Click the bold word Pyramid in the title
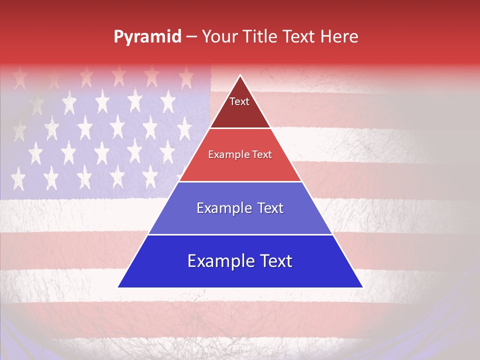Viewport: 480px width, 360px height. coord(147,37)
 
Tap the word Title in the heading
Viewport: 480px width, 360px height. coord(261,36)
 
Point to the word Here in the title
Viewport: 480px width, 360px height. coord(339,36)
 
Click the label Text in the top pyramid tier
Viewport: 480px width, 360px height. coord(239,101)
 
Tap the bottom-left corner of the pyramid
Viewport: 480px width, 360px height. coord(118,287)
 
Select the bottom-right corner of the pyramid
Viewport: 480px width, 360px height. coord(362,287)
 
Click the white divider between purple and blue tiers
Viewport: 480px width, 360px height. coord(240,234)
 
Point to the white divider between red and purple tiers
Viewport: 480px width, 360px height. coord(240,181)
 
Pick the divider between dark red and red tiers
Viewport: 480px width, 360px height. coord(240,128)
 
